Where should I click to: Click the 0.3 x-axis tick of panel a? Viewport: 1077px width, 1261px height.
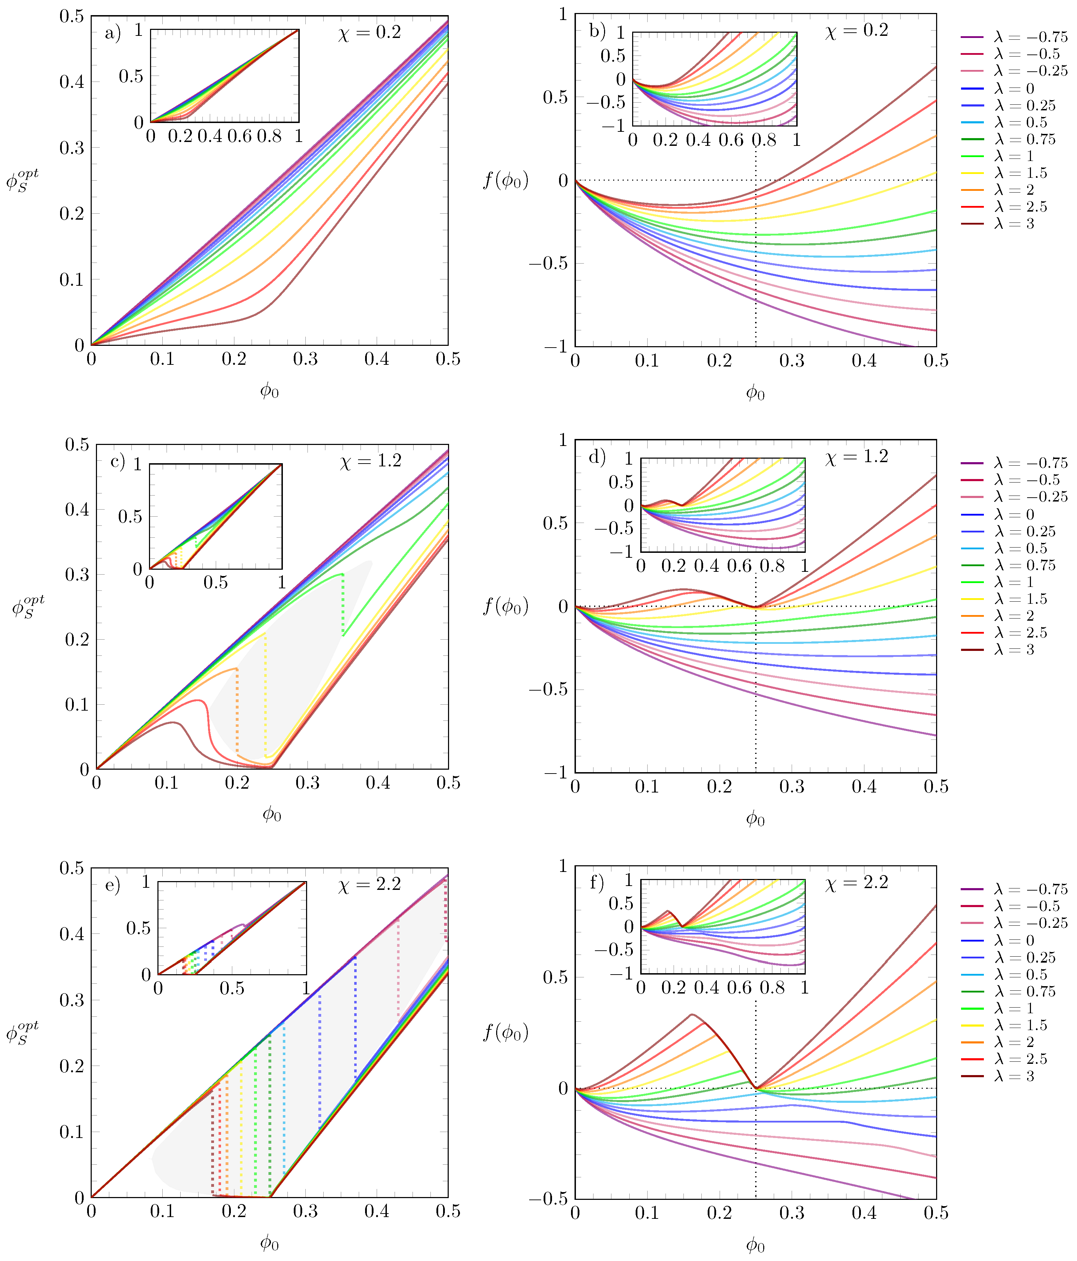click(x=305, y=360)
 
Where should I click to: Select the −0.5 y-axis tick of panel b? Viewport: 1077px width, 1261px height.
click(x=547, y=264)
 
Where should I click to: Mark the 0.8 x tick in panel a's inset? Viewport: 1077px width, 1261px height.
click(x=268, y=136)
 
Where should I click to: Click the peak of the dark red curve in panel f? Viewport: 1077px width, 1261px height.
click(x=692, y=1014)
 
